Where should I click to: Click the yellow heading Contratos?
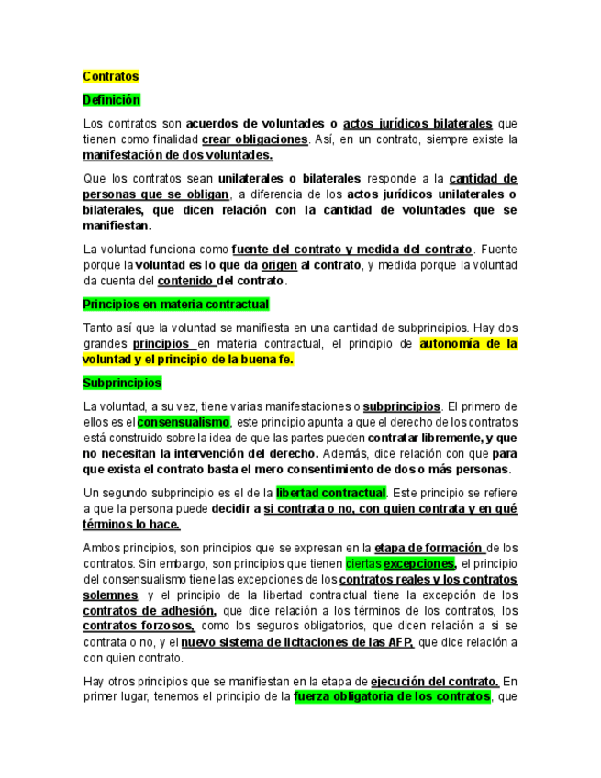coord(110,76)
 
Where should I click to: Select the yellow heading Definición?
coord(111,99)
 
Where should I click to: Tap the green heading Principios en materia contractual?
coord(175,304)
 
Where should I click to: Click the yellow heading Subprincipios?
coord(121,382)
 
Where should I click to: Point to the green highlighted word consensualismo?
coord(184,421)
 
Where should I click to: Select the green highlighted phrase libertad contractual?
coord(331,493)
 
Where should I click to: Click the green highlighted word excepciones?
coord(419,563)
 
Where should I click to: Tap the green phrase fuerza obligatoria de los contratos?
coord(392,697)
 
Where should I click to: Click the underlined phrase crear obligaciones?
coord(254,139)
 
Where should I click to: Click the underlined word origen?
coord(279,265)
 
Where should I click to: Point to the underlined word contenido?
coord(186,281)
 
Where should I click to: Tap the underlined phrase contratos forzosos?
coord(139,627)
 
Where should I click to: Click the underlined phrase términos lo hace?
coord(131,525)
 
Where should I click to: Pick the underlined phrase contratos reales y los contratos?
coord(428,580)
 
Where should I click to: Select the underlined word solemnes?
coord(111,595)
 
